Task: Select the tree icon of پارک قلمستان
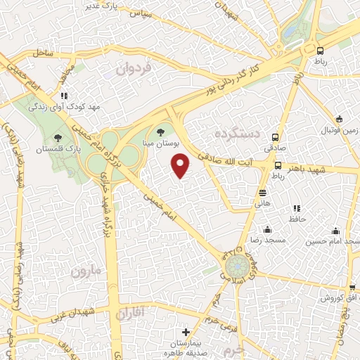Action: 58,137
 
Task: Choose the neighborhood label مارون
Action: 87,270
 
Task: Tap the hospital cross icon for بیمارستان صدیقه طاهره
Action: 186,332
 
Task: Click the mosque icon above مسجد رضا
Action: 267,229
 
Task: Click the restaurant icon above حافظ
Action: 296,208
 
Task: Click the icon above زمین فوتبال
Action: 340,119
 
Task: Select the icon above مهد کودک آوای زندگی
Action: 64,95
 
